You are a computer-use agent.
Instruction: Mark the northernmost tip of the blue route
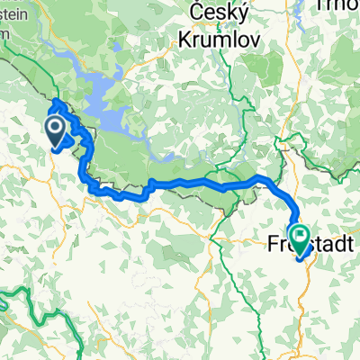[56, 100]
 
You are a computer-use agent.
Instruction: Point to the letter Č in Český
[201, 13]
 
